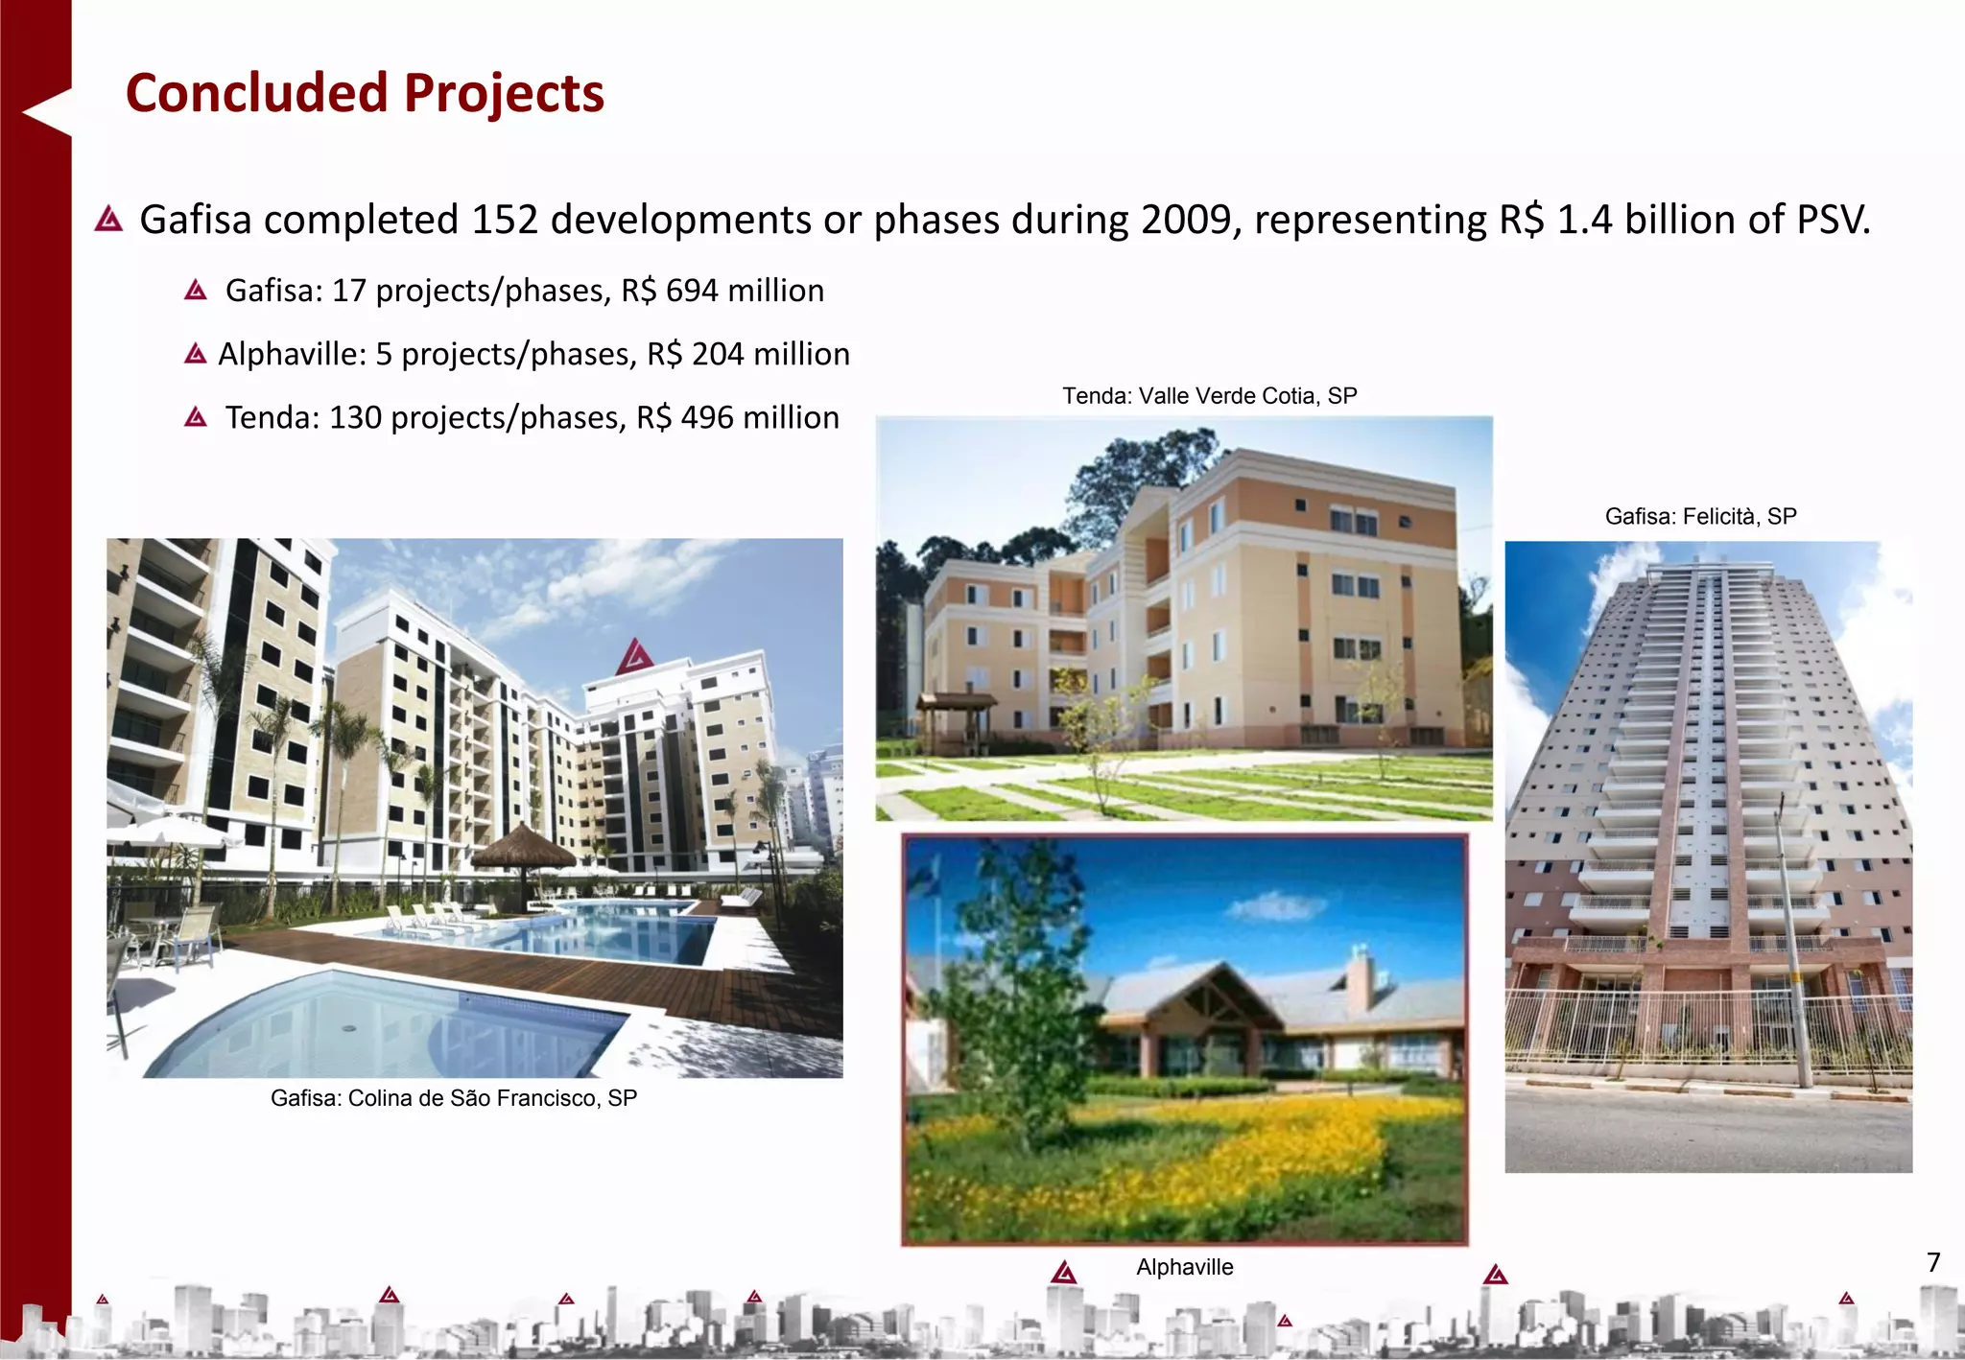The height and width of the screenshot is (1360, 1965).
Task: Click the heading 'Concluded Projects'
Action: [x=365, y=93]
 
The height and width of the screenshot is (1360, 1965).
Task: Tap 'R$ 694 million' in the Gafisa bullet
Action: [x=722, y=291]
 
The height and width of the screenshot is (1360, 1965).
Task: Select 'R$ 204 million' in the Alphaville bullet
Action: [x=748, y=354]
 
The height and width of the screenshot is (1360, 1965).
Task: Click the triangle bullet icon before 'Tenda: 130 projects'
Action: [x=196, y=417]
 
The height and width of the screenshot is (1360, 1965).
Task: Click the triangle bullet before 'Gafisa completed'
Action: [x=109, y=220]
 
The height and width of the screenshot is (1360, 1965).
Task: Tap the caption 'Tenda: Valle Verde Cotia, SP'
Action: [x=1209, y=396]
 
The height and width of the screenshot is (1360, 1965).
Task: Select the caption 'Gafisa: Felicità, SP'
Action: [x=1700, y=517]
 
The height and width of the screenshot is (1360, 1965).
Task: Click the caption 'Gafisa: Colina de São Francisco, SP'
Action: [x=453, y=1098]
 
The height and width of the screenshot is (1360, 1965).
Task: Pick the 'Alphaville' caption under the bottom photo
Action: [x=1184, y=1267]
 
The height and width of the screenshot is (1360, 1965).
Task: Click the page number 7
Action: [x=1933, y=1262]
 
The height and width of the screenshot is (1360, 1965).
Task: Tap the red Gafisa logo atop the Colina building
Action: [x=634, y=657]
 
